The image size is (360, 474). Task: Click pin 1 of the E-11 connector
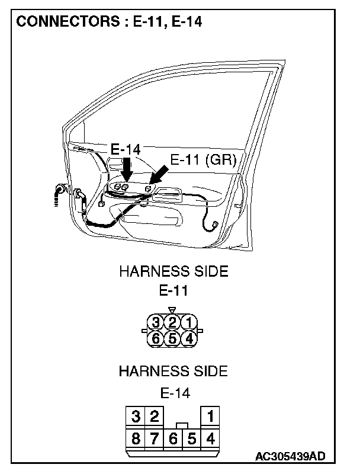click(188, 323)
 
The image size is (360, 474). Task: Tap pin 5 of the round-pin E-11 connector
click(172, 339)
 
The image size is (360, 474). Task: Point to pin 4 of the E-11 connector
click(188, 339)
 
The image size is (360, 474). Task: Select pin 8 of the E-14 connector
click(136, 439)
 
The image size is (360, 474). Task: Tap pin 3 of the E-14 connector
click(136, 417)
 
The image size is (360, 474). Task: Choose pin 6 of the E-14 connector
click(173, 439)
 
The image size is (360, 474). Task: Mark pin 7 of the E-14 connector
click(154, 439)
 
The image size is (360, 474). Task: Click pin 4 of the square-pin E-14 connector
click(210, 439)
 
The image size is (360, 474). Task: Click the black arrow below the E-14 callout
click(127, 170)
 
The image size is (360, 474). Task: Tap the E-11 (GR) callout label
click(203, 160)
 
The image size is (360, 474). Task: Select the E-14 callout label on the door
click(126, 150)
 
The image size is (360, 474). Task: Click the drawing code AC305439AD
click(290, 456)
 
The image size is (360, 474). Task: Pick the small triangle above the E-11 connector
click(172, 309)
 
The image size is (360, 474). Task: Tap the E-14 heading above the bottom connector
click(173, 392)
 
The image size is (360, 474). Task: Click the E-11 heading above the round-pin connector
click(173, 291)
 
